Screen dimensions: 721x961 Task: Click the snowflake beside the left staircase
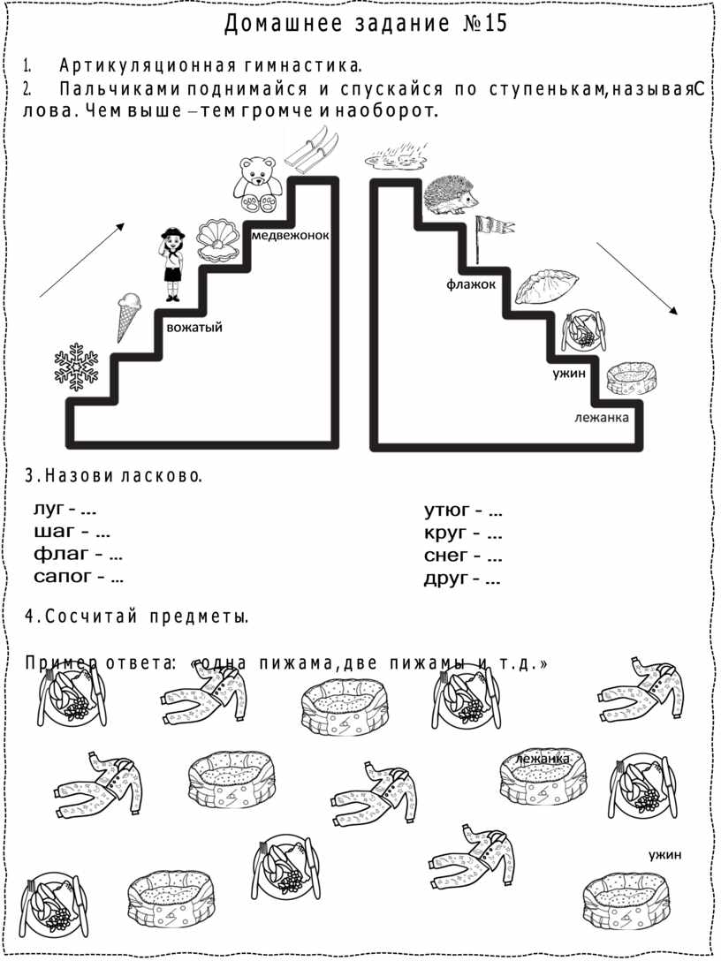(76, 367)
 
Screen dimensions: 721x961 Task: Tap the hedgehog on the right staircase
(452, 195)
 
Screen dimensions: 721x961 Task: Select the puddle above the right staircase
(396, 157)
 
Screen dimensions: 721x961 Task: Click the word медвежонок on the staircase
(291, 235)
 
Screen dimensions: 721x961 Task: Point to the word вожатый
(194, 328)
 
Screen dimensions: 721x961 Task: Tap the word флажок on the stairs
(471, 284)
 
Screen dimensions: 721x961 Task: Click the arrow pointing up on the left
(82, 260)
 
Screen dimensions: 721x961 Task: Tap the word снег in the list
(446, 556)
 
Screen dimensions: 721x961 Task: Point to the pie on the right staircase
(546, 286)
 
